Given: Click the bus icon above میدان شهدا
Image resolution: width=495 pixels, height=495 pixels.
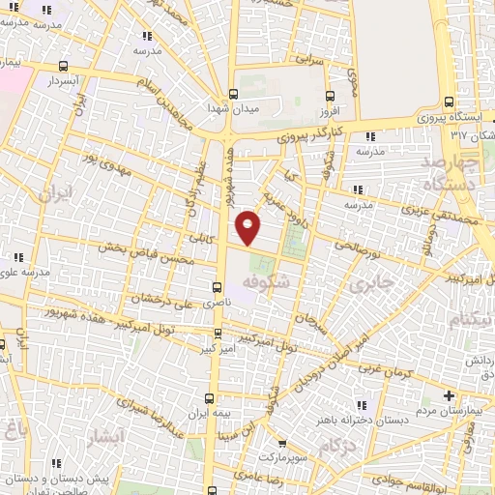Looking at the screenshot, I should [234, 95].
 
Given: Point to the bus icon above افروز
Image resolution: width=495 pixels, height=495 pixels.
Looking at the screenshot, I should [331, 97].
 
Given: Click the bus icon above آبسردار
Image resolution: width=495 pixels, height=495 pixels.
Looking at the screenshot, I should [64, 67].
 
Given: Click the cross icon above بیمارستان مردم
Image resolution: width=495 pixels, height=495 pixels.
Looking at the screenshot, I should [449, 395].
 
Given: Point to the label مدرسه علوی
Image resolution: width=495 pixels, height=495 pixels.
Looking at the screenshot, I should [19, 272].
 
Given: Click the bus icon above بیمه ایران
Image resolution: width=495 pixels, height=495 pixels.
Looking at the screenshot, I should [212, 398].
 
